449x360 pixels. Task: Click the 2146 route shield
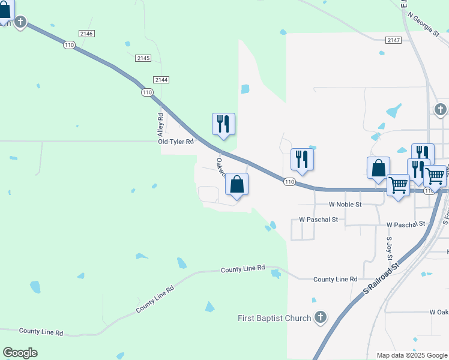tap(86, 34)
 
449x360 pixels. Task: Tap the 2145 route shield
tap(143, 58)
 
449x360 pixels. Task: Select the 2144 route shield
tap(161, 79)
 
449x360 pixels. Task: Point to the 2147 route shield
tap(394, 40)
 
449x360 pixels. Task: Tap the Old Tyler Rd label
tap(176, 142)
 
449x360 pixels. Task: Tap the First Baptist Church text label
tap(275, 318)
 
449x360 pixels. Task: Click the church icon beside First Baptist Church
tap(321, 317)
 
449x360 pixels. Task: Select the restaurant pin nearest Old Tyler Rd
tap(223, 124)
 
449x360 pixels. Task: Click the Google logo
tap(20, 353)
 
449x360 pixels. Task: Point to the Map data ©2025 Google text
tap(411, 355)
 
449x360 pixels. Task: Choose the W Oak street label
tap(439, 312)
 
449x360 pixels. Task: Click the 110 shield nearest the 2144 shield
tap(147, 92)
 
